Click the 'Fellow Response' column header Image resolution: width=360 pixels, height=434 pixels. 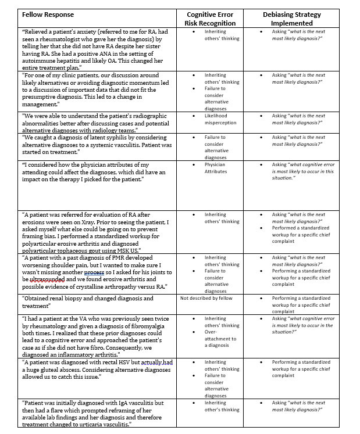click(48, 15)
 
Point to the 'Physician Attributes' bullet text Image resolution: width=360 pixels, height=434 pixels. click(215, 168)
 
